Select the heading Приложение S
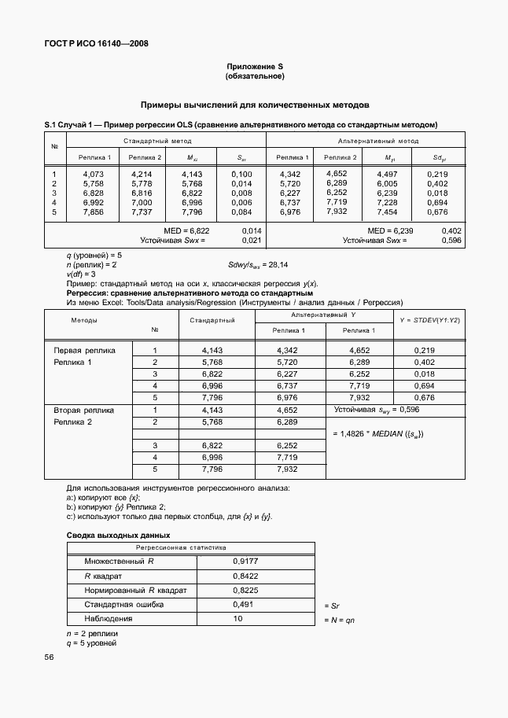click(x=254, y=68)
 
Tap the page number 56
click(x=50, y=657)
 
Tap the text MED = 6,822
click(x=186, y=230)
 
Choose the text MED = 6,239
click(x=390, y=230)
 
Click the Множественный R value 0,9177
click(x=245, y=562)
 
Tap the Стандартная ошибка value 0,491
click(x=243, y=604)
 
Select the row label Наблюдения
click(x=109, y=618)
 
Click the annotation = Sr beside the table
click(x=331, y=606)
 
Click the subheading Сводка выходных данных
click(x=110, y=534)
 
